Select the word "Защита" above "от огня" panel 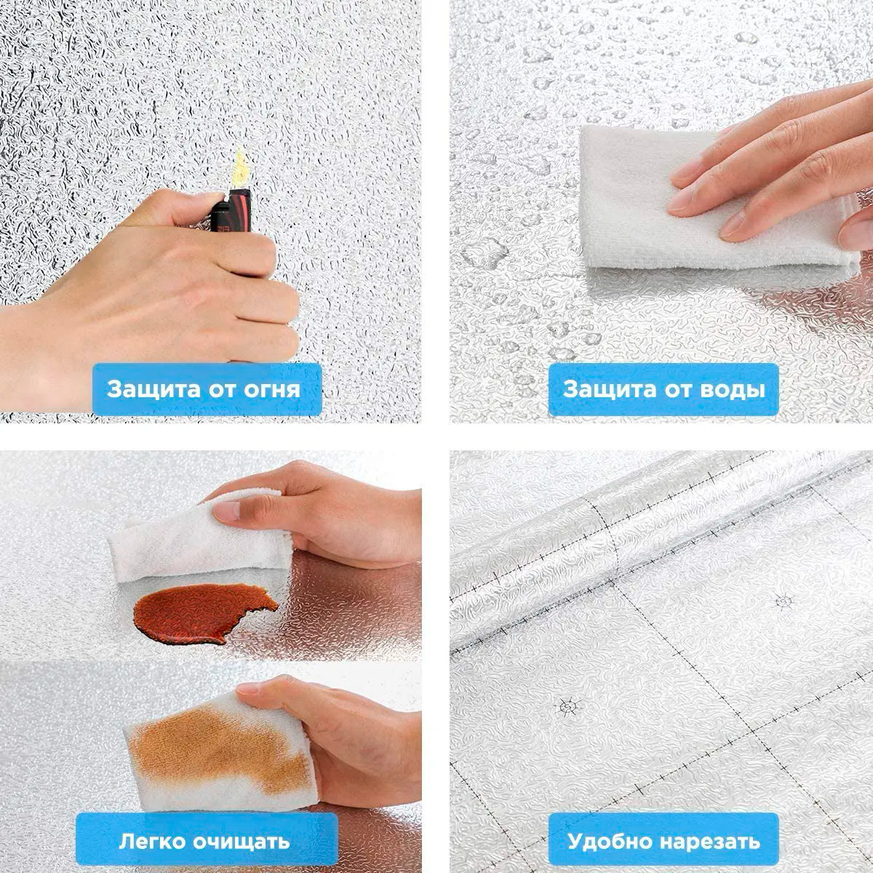pyautogui.click(x=154, y=389)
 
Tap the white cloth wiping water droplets pyautogui.click(x=706, y=199)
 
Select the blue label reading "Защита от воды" pyautogui.click(x=663, y=389)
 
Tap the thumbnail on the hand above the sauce pyautogui.click(x=226, y=511)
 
